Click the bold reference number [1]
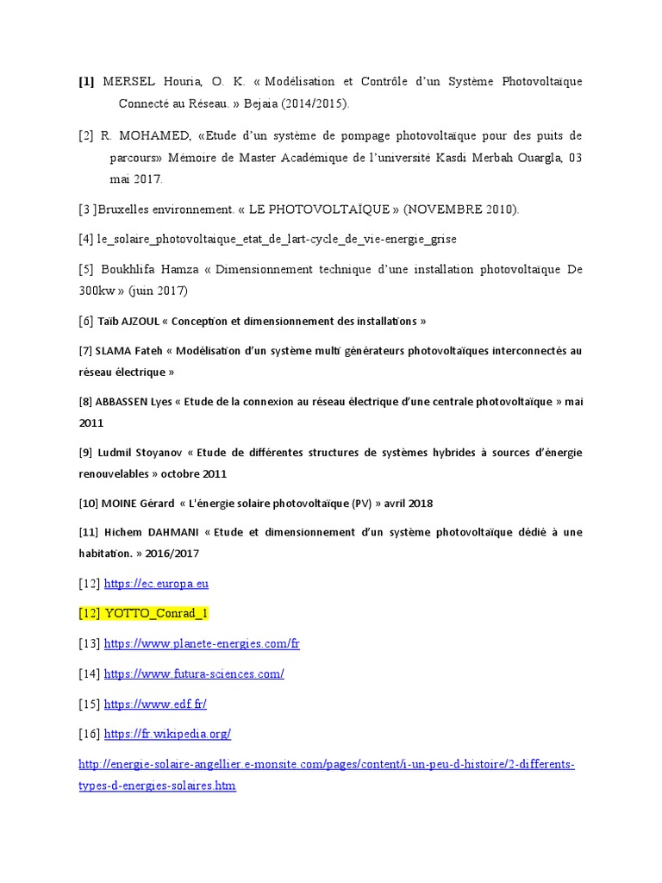[x=86, y=82]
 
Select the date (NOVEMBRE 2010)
[x=461, y=210]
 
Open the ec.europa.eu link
[x=156, y=584]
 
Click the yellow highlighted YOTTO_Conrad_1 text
[x=156, y=614]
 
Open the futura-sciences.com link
[x=194, y=673]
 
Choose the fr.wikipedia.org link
[x=167, y=734]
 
